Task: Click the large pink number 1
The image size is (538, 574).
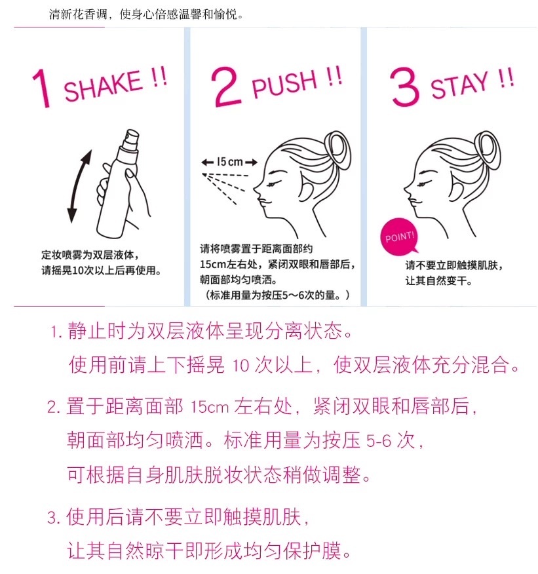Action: (x=42, y=88)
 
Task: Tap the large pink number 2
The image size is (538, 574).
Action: (x=226, y=86)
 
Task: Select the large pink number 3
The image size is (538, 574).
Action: (x=404, y=86)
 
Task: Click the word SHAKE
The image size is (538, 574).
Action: (x=103, y=85)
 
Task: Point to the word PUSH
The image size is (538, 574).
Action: (x=284, y=84)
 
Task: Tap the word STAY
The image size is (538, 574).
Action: (x=460, y=85)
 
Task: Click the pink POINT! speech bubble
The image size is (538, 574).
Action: (x=399, y=237)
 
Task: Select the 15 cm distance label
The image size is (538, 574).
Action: (x=229, y=161)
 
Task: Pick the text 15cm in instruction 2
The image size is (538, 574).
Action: (x=209, y=406)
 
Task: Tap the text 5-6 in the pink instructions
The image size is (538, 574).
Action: (x=379, y=441)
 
